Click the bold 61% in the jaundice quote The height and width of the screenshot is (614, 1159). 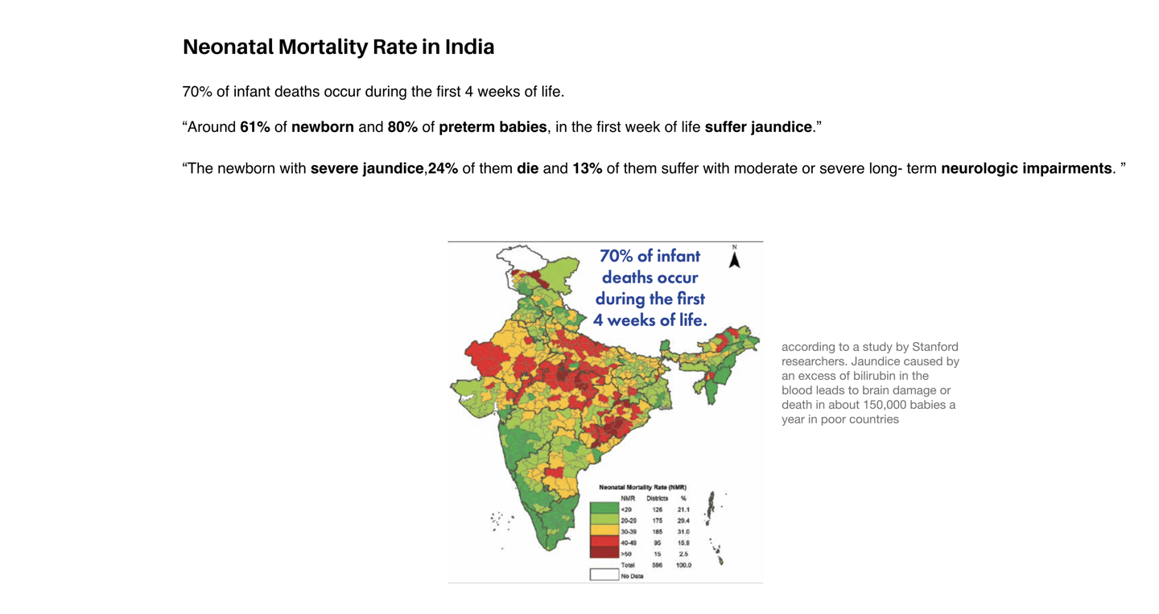click(x=255, y=127)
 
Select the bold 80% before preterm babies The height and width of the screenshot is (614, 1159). click(x=402, y=127)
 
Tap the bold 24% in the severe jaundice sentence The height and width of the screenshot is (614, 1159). click(x=443, y=169)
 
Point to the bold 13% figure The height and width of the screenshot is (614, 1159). click(x=587, y=169)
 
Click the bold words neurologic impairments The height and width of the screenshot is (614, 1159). click(x=1026, y=169)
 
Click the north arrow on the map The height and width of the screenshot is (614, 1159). click(x=734, y=258)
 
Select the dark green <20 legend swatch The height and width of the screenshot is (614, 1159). click(x=604, y=509)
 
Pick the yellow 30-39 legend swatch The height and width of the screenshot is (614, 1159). click(x=604, y=531)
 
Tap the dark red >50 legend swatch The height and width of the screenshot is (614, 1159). click(x=604, y=554)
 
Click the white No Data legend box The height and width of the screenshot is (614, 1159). click(x=604, y=575)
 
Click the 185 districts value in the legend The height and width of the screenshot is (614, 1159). click(x=657, y=532)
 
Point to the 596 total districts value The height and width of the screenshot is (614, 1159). click(x=657, y=565)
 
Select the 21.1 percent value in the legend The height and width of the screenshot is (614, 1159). click(x=683, y=509)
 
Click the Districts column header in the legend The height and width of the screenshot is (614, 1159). click(x=657, y=498)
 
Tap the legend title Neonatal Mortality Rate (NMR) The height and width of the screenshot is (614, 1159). click(x=642, y=487)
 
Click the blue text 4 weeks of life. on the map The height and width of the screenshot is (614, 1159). click(x=650, y=320)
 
